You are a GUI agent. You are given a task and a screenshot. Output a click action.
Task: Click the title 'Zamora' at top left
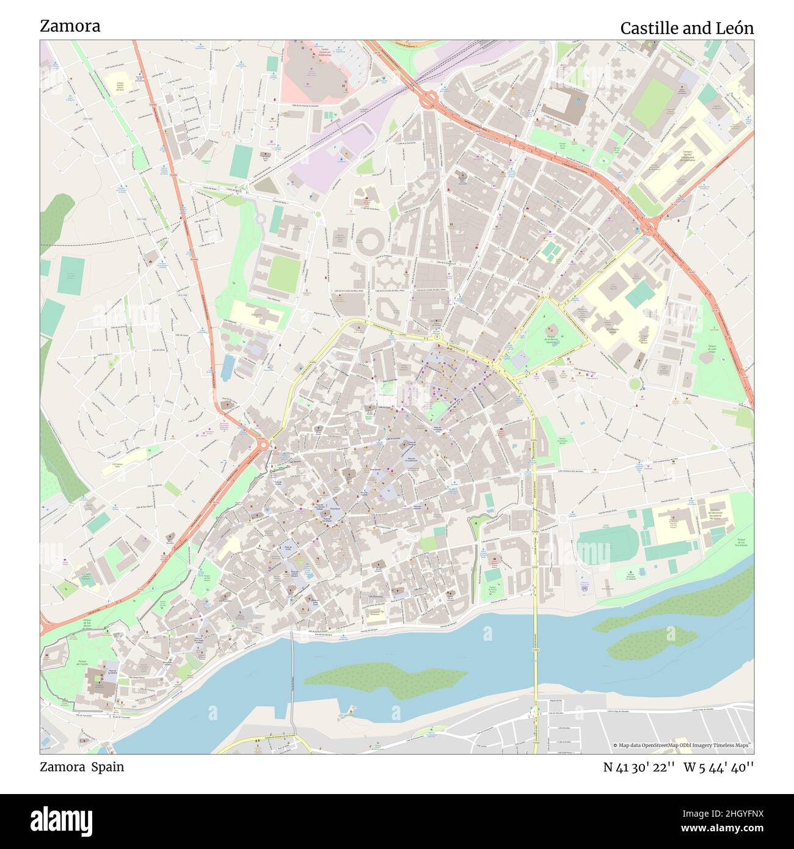[x=70, y=26]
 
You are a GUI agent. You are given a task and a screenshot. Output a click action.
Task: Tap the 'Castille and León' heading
[x=687, y=28]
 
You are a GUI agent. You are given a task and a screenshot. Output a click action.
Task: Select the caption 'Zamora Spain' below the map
[x=82, y=767]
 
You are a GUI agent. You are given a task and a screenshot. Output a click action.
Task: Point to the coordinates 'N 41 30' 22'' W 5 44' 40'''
[x=678, y=767]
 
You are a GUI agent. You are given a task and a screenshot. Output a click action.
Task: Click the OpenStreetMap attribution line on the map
[x=683, y=745]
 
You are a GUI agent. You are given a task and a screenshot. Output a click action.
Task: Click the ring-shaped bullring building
[x=370, y=241]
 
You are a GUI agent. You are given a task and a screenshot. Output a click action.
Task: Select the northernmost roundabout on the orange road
[x=429, y=98]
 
